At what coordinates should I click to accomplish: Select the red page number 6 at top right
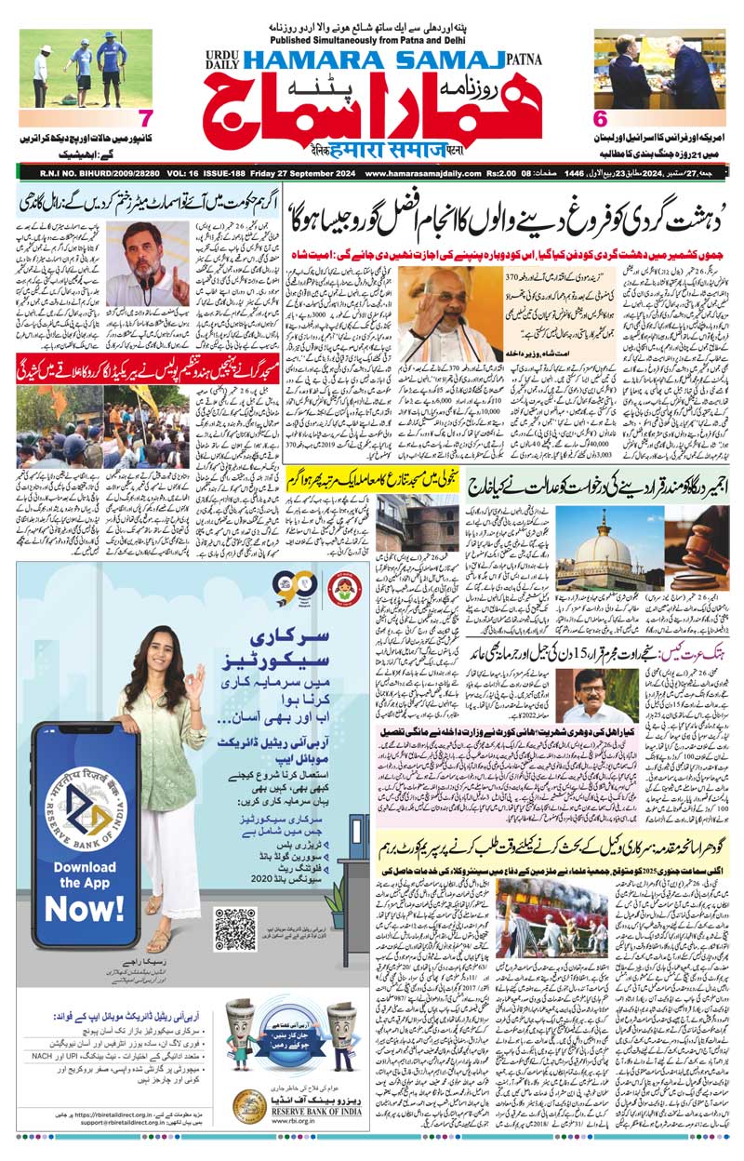(x=600, y=119)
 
